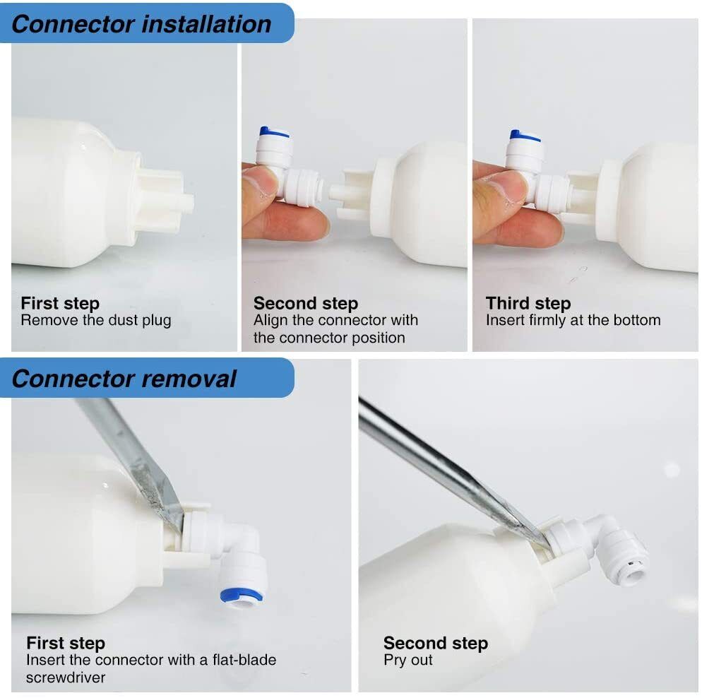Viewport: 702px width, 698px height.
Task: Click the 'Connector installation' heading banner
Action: (x=141, y=24)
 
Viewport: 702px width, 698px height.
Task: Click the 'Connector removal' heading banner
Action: (x=124, y=379)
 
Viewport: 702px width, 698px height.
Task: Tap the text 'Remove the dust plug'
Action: (x=95, y=321)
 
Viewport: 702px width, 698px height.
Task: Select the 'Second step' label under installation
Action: (x=305, y=304)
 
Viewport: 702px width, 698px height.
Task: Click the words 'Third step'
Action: (x=528, y=304)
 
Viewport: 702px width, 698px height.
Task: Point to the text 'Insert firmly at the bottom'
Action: (x=573, y=321)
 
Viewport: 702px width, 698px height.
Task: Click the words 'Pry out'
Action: (x=408, y=661)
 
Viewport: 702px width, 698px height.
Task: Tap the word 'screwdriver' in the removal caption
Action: (x=66, y=678)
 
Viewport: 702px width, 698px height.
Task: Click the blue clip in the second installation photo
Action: (x=274, y=132)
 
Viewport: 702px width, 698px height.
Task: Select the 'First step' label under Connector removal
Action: (x=66, y=644)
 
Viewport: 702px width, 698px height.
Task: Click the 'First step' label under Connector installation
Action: (x=60, y=304)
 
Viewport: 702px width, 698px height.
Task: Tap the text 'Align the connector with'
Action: (x=335, y=321)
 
